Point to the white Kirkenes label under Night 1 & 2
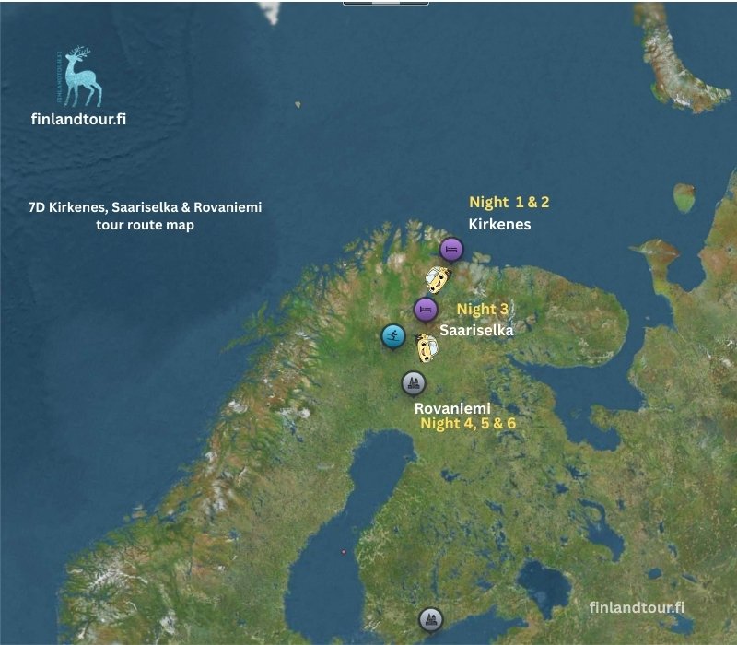499,224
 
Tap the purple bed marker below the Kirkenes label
450,249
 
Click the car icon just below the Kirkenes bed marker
438,277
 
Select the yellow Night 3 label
483,310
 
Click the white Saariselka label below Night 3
476,329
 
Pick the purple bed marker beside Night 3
425,309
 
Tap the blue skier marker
393,335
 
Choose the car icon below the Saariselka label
426,348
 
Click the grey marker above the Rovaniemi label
414,382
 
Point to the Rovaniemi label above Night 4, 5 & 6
452,407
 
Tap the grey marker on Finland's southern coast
429,618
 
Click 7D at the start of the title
38,207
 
